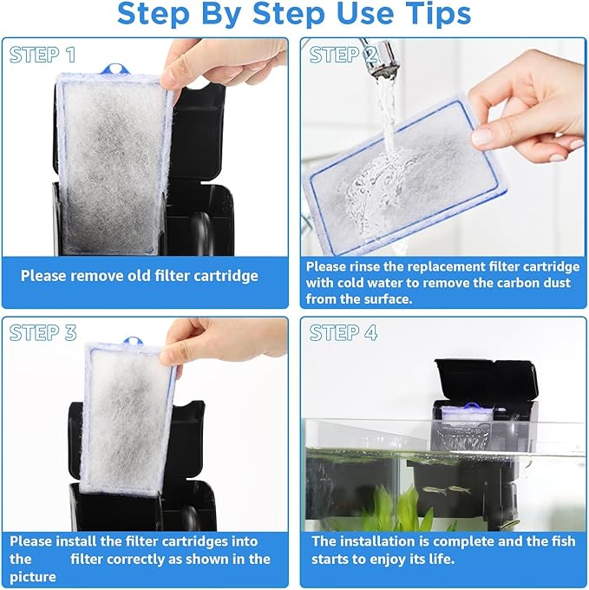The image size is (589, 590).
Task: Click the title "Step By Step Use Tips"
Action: [x=294, y=14]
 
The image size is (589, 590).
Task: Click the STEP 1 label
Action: [x=43, y=56]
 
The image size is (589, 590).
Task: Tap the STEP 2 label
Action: [x=344, y=56]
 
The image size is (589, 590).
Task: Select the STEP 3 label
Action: [x=43, y=333]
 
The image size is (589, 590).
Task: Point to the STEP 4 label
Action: [x=344, y=333]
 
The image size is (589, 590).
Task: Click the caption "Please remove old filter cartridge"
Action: [x=140, y=276]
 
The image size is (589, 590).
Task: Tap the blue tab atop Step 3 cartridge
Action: [x=132, y=343]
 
